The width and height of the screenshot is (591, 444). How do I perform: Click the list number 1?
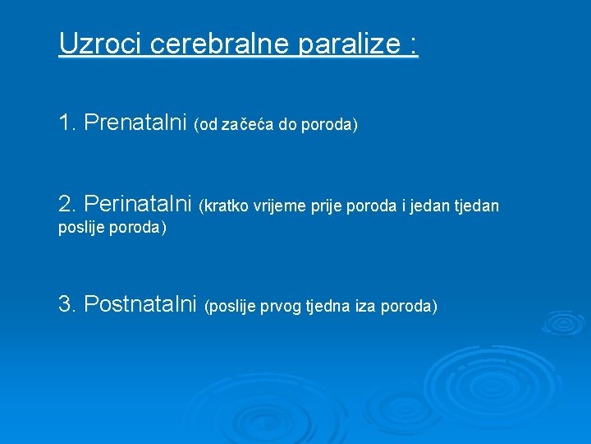66,123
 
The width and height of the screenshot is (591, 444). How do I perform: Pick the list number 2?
66,202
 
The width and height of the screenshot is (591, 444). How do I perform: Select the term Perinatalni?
138,202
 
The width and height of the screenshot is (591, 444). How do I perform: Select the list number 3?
66,304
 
